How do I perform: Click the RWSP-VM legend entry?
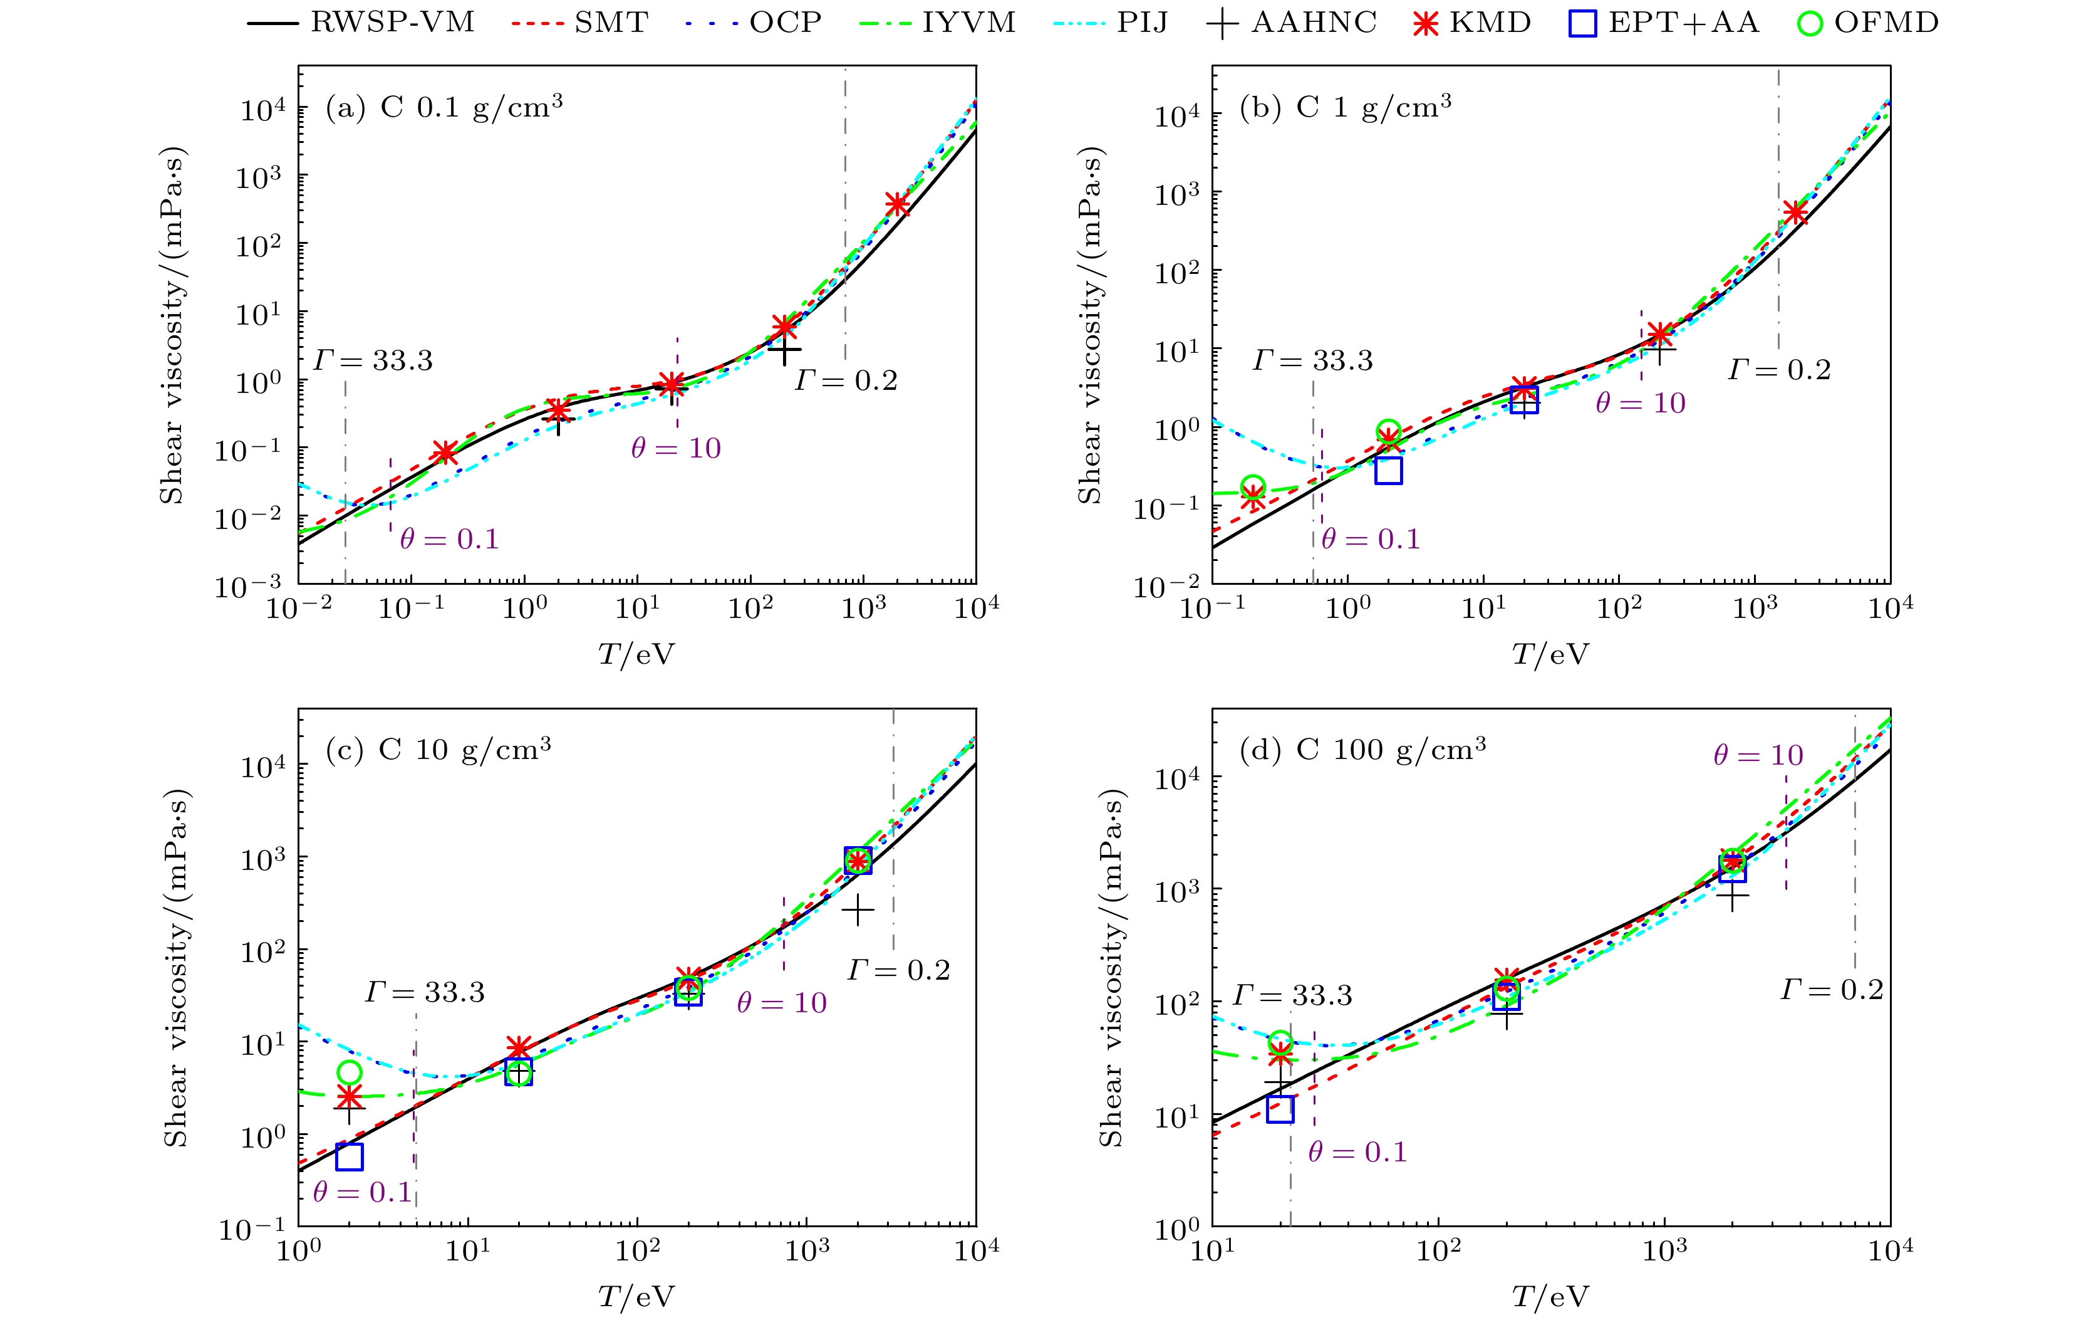(361, 23)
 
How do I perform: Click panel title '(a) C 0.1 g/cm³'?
(444, 107)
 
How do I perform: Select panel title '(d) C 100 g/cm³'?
(1362, 750)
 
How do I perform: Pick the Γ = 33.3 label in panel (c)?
(425, 993)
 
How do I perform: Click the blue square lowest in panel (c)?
(349, 1156)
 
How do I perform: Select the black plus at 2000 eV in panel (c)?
(858, 911)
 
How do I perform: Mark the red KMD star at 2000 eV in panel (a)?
(898, 204)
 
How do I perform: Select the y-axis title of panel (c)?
(176, 968)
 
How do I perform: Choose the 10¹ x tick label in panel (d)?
(1213, 1251)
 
